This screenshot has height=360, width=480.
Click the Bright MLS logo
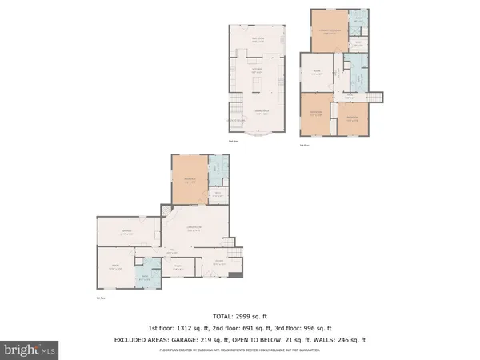30,350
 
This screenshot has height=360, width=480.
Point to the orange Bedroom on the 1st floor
189,181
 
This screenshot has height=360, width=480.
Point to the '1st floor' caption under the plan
99,298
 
